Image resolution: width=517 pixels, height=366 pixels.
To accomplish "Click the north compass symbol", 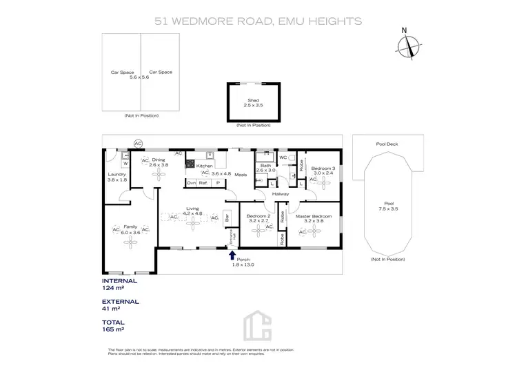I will (408, 46).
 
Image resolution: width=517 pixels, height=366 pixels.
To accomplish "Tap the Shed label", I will (253, 100).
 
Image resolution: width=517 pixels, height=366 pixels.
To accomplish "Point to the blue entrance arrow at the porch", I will (232, 256).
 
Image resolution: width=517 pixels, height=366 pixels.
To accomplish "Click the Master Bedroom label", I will (314, 216).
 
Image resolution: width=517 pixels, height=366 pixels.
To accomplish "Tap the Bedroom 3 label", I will (323, 168).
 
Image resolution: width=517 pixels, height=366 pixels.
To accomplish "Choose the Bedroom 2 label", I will (258, 216).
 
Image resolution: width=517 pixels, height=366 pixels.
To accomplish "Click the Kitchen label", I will (205, 166).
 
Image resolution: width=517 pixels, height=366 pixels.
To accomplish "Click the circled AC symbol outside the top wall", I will (137, 143).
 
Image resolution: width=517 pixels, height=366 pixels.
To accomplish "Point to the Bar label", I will (226, 215).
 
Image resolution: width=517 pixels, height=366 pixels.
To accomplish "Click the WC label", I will (283, 157).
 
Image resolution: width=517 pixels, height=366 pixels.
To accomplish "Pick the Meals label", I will (240, 174).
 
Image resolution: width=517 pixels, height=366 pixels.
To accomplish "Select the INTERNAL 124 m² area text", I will (119, 285).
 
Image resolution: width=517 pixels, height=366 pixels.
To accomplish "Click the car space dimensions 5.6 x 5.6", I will (139, 77).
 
